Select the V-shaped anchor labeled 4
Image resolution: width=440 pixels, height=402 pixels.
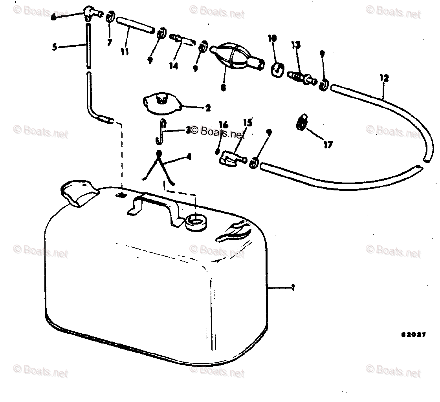[159, 167]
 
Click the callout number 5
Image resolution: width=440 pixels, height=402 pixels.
[55, 47]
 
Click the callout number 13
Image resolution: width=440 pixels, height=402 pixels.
[295, 45]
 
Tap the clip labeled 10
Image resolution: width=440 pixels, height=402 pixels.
[278, 68]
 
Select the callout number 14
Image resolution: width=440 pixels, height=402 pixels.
[174, 66]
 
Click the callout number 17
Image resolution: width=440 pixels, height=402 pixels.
[328, 145]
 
